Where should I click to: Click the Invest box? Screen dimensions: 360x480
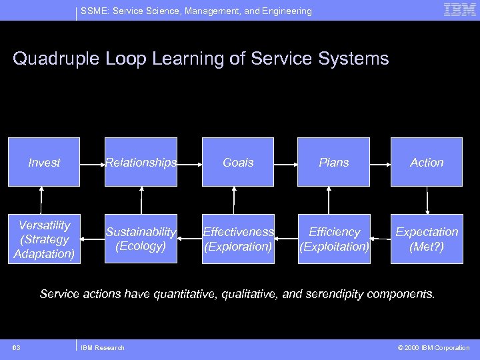pyautogui.click(x=44, y=162)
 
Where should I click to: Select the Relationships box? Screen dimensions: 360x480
pyautogui.click(x=141, y=162)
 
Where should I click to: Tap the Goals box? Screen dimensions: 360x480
pyautogui.click(x=238, y=162)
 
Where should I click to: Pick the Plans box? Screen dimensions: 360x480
pyautogui.click(x=334, y=162)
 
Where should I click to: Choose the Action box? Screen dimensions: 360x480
pyautogui.click(x=427, y=162)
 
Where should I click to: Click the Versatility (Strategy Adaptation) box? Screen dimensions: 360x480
pyautogui.click(x=44, y=239)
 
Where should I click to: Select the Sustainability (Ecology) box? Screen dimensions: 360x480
pyautogui.click(x=141, y=239)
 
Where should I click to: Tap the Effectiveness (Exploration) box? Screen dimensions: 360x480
pyautogui.click(x=238, y=239)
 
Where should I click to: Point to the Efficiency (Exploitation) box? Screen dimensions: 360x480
pyautogui.click(x=334, y=239)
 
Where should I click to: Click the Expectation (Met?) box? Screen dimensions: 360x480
pyautogui.click(x=427, y=239)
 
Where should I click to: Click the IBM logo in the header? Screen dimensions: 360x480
pyautogui.click(x=460, y=9)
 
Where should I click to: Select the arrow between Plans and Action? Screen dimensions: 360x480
pyautogui.click(x=380, y=162)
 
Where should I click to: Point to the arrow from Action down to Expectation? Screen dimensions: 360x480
pyautogui.click(x=427, y=200)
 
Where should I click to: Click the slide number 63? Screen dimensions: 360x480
pyautogui.click(x=16, y=347)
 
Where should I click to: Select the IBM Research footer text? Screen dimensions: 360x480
pyautogui.click(x=102, y=347)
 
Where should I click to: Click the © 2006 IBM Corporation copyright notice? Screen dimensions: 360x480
pyautogui.click(x=434, y=347)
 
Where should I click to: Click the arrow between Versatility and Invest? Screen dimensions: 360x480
pyautogui.click(x=42, y=200)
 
